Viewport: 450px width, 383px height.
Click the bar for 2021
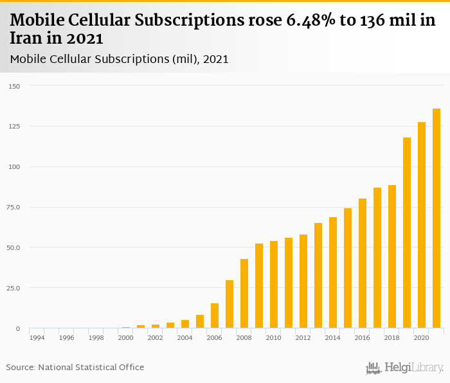point(437,218)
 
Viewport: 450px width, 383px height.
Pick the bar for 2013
point(318,276)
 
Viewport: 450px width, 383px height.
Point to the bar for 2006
point(215,316)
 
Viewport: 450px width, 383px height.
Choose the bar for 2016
point(363,263)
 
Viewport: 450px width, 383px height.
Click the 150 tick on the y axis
point(15,86)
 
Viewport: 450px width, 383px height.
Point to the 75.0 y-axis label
point(15,207)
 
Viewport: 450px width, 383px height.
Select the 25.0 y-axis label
point(15,288)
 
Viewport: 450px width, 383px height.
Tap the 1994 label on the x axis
point(37,337)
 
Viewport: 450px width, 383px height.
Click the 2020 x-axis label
point(422,337)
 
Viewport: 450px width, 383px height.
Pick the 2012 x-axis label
point(303,337)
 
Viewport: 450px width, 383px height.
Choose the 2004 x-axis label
point(185,337)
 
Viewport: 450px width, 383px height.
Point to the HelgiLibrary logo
point(405,368)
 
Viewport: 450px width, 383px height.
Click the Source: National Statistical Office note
point(75,368)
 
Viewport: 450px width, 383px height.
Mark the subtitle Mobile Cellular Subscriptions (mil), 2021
point(120,59)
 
